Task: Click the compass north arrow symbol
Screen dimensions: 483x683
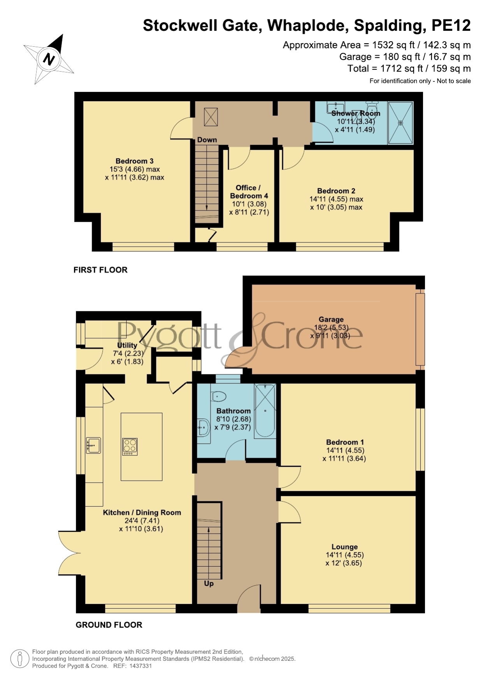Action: coord(49,59)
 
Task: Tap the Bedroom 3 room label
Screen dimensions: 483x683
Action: coord(135,161)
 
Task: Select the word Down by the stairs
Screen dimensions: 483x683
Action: coord(207,140)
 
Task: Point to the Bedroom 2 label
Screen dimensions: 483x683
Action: coord(336,191)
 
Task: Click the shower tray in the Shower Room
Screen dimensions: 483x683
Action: coord(400,123)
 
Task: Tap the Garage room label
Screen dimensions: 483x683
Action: coord(331,320)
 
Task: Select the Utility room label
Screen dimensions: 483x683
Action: coord(127,345)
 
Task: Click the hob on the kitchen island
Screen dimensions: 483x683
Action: coord(130,447)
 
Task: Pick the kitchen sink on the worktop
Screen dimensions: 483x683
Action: coord(93,446)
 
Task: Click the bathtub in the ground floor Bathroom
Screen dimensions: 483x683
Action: coord(265,411)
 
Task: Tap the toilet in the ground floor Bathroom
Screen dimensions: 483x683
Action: coord(219,397)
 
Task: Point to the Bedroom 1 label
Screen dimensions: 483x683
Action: coord(345,442)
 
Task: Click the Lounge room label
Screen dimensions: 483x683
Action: coord(344,547)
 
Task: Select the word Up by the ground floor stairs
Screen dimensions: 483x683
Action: coord(209,584)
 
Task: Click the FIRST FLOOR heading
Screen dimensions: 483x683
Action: coord(100,270)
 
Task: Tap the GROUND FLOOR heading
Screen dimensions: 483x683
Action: coord(109,625)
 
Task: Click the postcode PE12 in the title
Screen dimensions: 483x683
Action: coord(451,25)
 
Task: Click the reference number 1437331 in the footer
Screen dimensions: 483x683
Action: coord(141,666)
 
